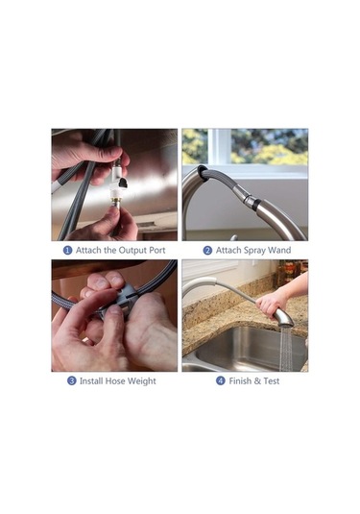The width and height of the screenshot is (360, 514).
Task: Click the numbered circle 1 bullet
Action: (x=67, y=251)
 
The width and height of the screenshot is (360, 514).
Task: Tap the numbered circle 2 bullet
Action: (x=207, y=251)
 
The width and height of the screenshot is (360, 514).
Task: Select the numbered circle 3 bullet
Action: (x=71, y=380)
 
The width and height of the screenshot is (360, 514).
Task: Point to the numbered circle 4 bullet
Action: (x=221, y=380)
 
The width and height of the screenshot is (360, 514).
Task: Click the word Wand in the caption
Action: (x=279, y=250)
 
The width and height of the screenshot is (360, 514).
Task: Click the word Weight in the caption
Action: (x=141, y=381)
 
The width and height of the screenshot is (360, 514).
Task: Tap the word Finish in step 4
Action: (x=240, y=380)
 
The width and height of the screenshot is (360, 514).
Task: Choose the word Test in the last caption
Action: (x=272, y=380)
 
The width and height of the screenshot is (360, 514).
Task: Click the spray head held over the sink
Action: (x=282, y=317)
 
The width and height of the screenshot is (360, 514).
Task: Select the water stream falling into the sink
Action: (x=287, y=348)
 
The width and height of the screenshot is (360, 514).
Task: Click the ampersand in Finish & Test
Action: (x=257, y=380)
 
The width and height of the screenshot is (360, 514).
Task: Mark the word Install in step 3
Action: (x=91, y=380)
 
